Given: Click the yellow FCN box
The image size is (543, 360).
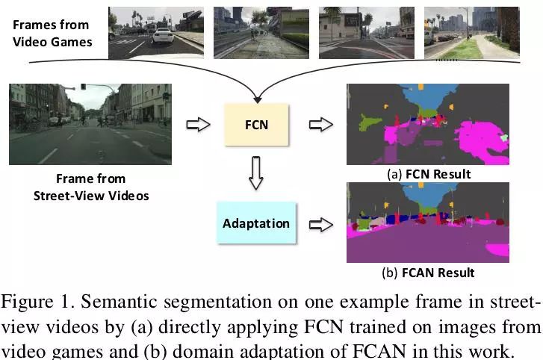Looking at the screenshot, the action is point(256,124).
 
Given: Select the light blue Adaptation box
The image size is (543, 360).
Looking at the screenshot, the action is point(256,223).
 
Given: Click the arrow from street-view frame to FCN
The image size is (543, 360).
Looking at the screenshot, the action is point(196,124).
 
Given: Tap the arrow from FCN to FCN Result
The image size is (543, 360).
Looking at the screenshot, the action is point(320,124).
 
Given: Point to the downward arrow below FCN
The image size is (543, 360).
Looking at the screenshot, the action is point(256,173).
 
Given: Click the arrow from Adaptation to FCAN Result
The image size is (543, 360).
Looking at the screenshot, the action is point(320,223).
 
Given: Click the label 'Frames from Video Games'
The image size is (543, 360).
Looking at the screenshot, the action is point(52,33).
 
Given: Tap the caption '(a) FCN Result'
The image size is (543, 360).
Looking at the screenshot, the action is point(429,174).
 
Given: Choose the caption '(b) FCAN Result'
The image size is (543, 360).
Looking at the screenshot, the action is point(428,273).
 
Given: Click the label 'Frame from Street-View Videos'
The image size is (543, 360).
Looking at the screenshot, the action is point(90,187).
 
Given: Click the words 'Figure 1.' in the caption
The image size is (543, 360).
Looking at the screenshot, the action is point(37,302).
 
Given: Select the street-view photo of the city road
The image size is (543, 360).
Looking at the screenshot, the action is point(90,124).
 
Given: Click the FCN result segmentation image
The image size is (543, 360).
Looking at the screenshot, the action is point(428,124).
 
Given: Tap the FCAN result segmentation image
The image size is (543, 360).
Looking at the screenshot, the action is point(428,223).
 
